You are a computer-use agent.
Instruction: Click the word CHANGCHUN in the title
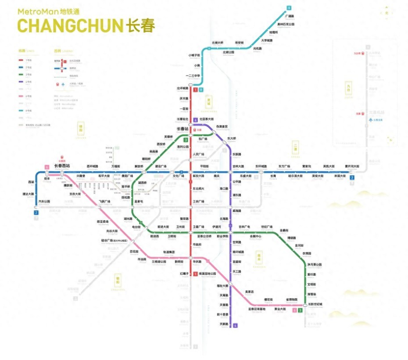(69, 26)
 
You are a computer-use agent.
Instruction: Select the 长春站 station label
(183, 129)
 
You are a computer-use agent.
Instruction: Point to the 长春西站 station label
(62, 166)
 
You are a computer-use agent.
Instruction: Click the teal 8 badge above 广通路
(289, 8)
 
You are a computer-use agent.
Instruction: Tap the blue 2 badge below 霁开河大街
(352, 178)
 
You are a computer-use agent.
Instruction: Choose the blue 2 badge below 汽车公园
(37, 212)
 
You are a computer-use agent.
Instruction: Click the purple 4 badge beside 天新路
(236, 325)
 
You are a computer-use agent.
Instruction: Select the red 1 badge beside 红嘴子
(195, 274)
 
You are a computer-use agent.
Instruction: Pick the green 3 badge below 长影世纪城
(300, 310)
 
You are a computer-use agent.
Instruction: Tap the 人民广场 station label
(199, 155)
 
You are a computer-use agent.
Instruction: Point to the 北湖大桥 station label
(218, 43)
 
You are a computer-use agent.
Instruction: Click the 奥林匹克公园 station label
(286, 24)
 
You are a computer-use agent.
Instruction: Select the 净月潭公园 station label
(315, 265)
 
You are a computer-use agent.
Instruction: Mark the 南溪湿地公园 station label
(208, 274)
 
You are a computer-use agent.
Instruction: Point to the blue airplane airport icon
(371, 120)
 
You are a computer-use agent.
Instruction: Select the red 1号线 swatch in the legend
(21, 60)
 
